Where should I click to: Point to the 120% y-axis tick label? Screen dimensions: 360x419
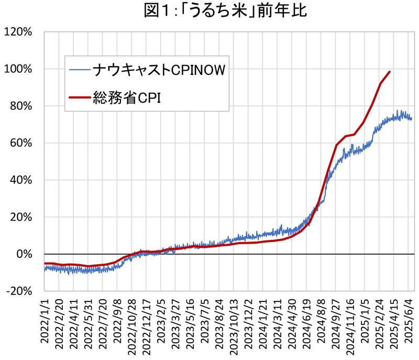[x=19, y=32]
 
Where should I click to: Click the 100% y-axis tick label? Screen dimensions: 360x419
[x=19, y=69]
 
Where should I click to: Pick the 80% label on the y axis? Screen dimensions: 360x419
[x=21, y=106]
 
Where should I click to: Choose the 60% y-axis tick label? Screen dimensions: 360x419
[x=21, y=143]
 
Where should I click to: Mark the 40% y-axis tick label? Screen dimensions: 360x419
[x=21, y=180]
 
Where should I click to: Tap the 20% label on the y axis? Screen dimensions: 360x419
[x=21, y=217]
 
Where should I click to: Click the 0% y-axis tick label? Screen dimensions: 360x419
[x=24, y=254]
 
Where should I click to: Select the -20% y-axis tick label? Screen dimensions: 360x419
[x=20, y=291]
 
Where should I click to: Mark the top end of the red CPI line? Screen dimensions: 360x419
[x=390, y=71]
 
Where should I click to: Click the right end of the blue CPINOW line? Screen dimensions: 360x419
[x=412, y=119]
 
